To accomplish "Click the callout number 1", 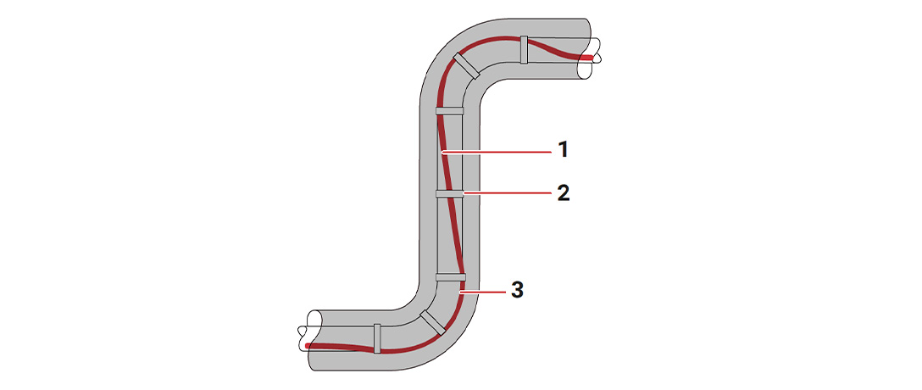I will [x=563, y=151].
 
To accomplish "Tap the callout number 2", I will [x=563, y=193].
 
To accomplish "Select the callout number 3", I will [x=516, y=290].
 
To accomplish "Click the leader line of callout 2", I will [x=508, y=193].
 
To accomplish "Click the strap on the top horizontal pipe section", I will [x=524, y=50].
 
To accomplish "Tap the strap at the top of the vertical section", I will [x=450, y=110].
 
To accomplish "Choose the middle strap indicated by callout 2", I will [x=450, y=193].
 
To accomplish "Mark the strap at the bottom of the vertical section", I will [x=450, y=276].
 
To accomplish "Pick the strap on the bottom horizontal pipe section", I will [x=377, y=337].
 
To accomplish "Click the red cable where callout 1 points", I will [x=443, y=152].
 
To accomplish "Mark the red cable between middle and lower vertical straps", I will [x=455, y=237].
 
